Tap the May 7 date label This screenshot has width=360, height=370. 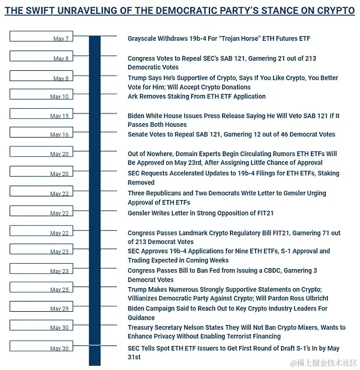(x=61, y=39)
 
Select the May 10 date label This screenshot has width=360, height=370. (x=59, y=97)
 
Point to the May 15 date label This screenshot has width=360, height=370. (x=59, y=117)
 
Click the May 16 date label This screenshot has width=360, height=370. (x=59, y=135)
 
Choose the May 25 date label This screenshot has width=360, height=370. (x=59, y=290)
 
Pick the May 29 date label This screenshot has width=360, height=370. (x=59, y=309)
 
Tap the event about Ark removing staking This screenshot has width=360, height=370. (x=196, y=97)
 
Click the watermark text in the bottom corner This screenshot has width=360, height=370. (x=324, y=363)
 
